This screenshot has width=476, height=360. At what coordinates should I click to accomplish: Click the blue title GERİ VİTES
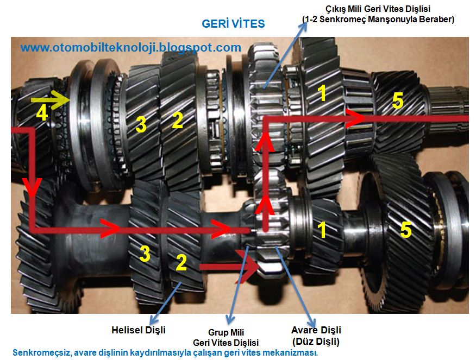pyautogui.click(x=233, y=24)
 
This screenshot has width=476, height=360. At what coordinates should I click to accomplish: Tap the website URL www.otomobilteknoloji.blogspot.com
pyautogui.click(x=131, y=48)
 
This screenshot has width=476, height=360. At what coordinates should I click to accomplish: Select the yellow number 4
pyautogui.click(x=42, y=113)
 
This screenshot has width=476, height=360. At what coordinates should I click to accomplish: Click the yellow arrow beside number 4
pyautogui.click(x=51, y=99)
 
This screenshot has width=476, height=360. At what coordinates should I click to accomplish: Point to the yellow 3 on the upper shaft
pyautogui.click(x=141, y=124)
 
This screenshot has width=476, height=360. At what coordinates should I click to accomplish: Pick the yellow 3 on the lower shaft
pyautogui.click(x=145, y=254)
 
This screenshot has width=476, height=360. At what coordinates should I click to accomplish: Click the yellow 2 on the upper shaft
pyautogui.click(x=178, y=120)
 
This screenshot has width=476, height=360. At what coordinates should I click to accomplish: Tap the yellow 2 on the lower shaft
pyautogui.click(x=181, y=262)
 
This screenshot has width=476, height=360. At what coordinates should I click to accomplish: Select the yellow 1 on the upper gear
pyautogui.click(x=322, y=93)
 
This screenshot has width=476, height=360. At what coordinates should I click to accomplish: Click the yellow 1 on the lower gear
pyautogui.click(x=322, y=230)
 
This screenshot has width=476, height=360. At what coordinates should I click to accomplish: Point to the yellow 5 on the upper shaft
pyautogui.click(x=398, y=100)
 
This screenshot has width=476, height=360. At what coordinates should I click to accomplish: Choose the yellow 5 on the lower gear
pyautogui.click(x=406, y=229)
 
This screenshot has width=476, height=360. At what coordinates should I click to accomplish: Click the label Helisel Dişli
pyautogui.click(x=139, y=330)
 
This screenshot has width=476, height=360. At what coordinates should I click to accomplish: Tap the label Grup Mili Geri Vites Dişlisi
pyautogui.click(x=226, y=338)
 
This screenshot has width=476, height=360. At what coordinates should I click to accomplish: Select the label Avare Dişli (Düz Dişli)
pyautogui.click(x=316, y=336)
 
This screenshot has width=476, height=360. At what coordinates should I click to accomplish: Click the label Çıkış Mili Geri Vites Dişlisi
pyautogui.click(x=378, y=9)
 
